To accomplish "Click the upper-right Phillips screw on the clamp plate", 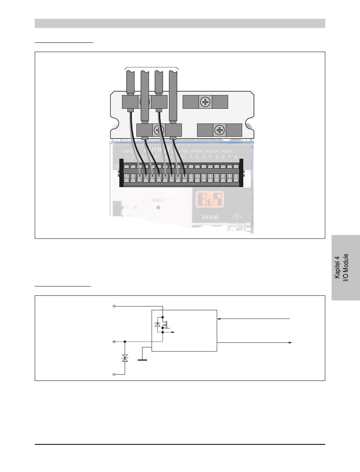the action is pos(205,102).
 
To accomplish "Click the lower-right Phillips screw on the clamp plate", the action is pos(220,130).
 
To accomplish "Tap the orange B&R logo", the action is pos(209,199).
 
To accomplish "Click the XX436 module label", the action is pos(211,218).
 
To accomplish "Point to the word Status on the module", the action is pos(158,200).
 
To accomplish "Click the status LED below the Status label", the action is pos(158,208).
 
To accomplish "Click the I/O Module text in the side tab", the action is pos(346,267).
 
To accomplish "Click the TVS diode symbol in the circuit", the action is pos(125,358).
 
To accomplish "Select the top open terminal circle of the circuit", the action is pos(114,306).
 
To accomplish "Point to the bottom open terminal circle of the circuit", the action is pos(114,374).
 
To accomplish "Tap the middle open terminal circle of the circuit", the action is pos(114,341).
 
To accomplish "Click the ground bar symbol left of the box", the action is pos(142,359).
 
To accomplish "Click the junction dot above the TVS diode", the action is pos(125,341).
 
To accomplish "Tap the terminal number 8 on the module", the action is pos(236,156).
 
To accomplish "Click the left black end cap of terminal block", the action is pos(121,173).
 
